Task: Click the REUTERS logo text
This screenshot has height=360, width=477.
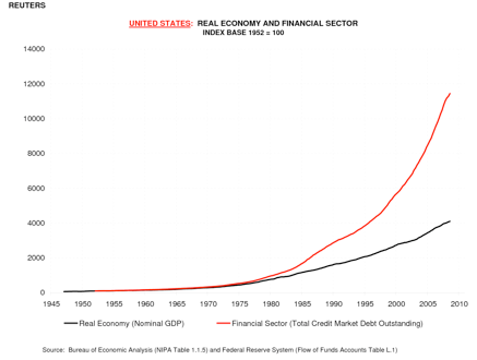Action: (x=27, y=6)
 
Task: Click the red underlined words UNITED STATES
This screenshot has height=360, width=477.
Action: (x=159, y=24)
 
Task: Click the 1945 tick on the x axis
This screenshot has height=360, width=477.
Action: (x=51, y=304)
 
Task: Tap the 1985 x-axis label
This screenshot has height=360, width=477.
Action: (x=302, y=304)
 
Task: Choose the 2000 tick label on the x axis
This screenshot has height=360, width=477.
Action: (x=397, y=304)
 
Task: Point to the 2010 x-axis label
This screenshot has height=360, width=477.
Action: (x=459, y=304)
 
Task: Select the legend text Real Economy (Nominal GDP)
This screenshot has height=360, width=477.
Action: (x=132, y=323)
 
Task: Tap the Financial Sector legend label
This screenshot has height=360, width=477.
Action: (x=327, y=323)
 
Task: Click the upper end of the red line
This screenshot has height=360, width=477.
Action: (x=450, y=93)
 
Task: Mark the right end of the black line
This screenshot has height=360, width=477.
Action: (x=450, y=221)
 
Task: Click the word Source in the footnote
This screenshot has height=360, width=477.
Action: (x=53, y=350)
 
